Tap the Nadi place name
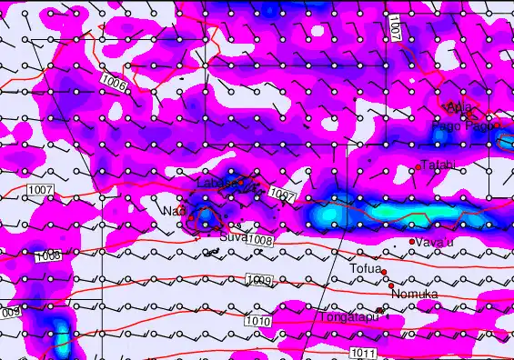[173, 212]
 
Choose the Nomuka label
[414, 295]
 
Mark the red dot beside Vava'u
[412, 242]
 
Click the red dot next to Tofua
[384, 272]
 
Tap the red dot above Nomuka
[391, 285]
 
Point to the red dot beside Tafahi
[418, 166]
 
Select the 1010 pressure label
[257, 322]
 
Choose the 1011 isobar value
[362, 352]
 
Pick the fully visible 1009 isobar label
[258, 279]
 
